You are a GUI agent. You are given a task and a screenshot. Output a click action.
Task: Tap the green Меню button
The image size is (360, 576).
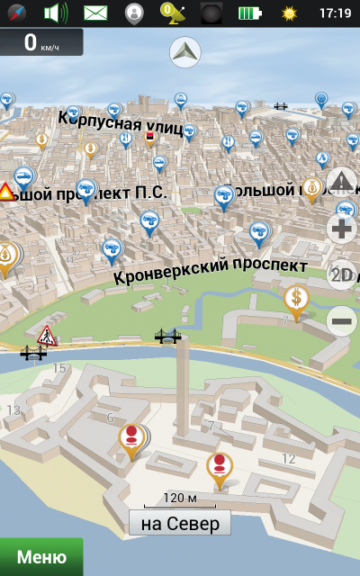[x=40, y=557]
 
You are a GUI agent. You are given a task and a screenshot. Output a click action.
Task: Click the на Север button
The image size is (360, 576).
[x=180, y=523]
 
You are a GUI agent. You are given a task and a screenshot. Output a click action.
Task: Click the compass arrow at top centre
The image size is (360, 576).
[x=185, y=52]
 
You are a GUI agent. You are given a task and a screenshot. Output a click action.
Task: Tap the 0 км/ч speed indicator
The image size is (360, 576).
[x=41, y=42]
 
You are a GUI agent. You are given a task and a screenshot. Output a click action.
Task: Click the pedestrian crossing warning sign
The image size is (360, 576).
[x=47, y=337]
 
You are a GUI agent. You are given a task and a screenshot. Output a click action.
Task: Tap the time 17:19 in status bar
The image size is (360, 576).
[x=335, y=13]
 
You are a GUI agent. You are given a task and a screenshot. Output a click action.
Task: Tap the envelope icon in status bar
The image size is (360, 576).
[x=95, y=13]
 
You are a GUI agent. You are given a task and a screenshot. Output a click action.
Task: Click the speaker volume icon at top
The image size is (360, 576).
[x=57, y=13]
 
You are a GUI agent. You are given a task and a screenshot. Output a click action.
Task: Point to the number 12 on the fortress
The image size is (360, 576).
[x=288, y=459]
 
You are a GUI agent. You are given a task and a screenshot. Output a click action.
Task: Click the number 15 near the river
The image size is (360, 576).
[x=59, y=368]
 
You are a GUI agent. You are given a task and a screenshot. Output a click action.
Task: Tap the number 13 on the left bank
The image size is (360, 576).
[x=13, y=410]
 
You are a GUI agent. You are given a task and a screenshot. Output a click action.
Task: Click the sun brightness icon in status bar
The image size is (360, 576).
[x=289, y=13]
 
